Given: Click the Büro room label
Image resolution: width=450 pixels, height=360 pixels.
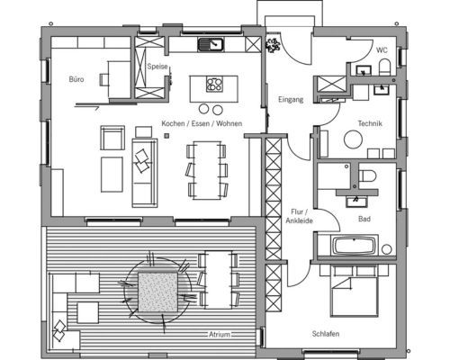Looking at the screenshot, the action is (x=76, y=79).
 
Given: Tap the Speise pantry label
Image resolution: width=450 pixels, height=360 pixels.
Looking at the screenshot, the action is (x=157, y=67).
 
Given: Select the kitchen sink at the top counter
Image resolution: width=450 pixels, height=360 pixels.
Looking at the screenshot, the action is (x=211, y=44).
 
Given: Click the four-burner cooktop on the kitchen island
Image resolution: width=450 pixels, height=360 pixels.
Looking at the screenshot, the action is (x=214, y=84).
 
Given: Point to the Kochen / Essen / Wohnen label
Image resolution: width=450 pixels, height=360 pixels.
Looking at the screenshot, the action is (x=202, y=123).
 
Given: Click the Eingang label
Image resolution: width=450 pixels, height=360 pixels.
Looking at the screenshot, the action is (x=291, y=99).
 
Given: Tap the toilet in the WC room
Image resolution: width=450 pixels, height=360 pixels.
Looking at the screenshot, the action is (x=384, y=67).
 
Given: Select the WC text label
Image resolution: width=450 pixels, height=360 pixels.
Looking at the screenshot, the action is (x=382, y=50).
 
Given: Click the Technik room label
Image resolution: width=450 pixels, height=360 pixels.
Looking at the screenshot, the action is (x=370, y=123).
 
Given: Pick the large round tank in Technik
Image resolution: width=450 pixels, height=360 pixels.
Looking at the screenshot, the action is (x=353, y=139).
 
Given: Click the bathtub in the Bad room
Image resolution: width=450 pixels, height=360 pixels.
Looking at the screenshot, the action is (x=354, y=246).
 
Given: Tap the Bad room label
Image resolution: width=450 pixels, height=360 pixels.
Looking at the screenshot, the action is (x=364, y=219).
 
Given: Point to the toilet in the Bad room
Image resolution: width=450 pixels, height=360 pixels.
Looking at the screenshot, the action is (x=366, y=175).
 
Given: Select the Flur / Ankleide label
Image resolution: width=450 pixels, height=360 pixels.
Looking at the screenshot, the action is (x=299, y=216).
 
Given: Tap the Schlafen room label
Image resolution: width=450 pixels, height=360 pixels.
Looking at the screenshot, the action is (x=326, y=334).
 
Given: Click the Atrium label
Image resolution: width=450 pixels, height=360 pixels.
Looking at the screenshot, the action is (x=220, y=334).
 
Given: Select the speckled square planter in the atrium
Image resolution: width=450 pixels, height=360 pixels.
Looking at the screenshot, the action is (x=157, y=292).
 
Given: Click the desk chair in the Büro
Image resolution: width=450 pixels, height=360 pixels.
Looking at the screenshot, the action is (x=103, y=80).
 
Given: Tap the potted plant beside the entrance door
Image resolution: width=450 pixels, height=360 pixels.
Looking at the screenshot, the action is (x=273, y=45).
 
